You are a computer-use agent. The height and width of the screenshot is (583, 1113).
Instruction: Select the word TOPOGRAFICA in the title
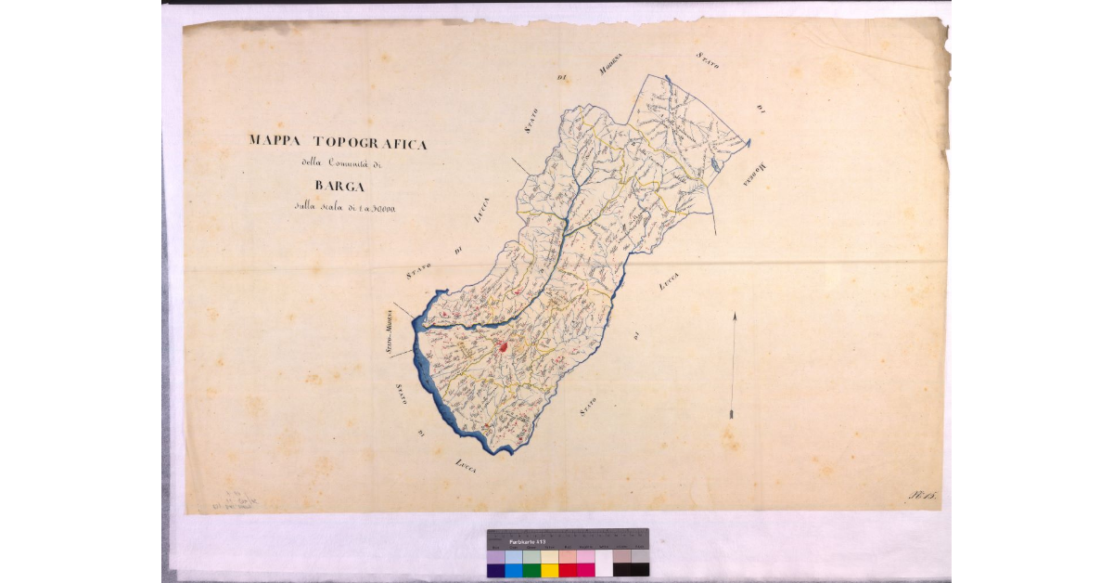coord(370,143)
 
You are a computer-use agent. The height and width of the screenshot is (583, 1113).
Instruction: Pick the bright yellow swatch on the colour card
coord(550,570)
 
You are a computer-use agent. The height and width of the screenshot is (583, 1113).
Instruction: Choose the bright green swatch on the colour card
coord(531,570)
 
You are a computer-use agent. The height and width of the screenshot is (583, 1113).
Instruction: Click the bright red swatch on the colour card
coord(568,570)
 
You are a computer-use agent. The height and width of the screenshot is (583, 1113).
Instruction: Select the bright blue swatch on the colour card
coord(514,570)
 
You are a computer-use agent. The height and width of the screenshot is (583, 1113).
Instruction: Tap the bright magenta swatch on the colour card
coord(585,570)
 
